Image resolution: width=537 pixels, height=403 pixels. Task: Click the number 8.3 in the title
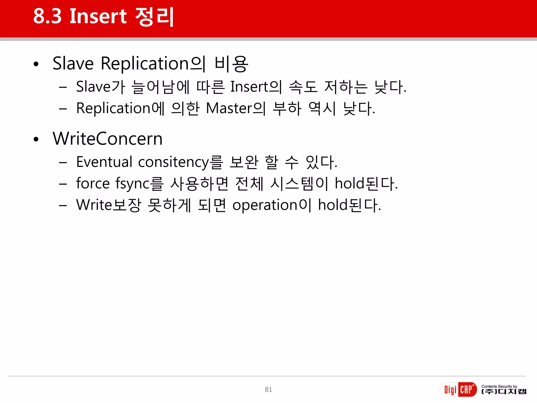pos(47,16)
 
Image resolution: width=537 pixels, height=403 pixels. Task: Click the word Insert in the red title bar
pos(98,16)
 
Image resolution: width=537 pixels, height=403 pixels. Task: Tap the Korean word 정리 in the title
pos(154,16)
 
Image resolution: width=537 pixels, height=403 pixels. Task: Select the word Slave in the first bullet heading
pos(73,63)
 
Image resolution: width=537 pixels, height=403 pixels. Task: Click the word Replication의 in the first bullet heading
pos(153,63)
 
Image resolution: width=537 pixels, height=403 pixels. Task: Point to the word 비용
pos(231,64)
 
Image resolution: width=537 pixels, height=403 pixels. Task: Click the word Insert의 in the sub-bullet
pos(256,87)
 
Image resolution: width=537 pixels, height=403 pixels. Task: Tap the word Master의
pos(236,108)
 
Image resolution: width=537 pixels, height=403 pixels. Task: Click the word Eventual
pos(104,162)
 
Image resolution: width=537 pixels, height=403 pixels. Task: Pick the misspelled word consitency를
pos(180,162)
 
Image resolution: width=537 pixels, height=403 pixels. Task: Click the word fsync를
pos(139,183)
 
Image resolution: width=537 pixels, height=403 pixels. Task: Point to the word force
pos(93,183)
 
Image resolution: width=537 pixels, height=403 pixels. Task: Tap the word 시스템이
pos(299,183)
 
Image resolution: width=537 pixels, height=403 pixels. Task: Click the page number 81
pos(268,390)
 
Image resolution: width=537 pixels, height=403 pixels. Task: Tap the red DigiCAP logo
pos(458,390)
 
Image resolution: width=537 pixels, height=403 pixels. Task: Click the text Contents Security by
pos(499,386)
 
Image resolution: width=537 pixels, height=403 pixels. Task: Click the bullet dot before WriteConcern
pos(36,139)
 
